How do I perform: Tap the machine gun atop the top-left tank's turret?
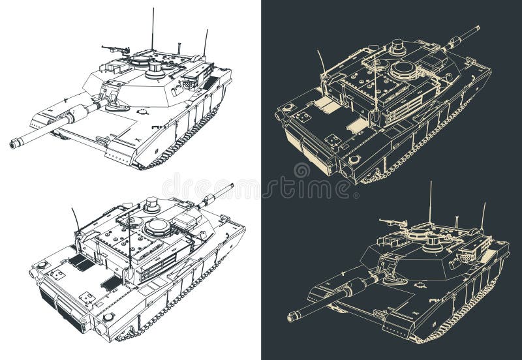[115, 49]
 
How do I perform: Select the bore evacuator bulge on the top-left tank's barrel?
[77, 113]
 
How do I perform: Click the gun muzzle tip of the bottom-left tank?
[230, 187]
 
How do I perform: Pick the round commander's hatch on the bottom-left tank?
[158, 226]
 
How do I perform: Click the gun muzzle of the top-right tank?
[477, 28]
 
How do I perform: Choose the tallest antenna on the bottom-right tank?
[430, 202]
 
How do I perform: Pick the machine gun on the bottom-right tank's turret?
[391, 223]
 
